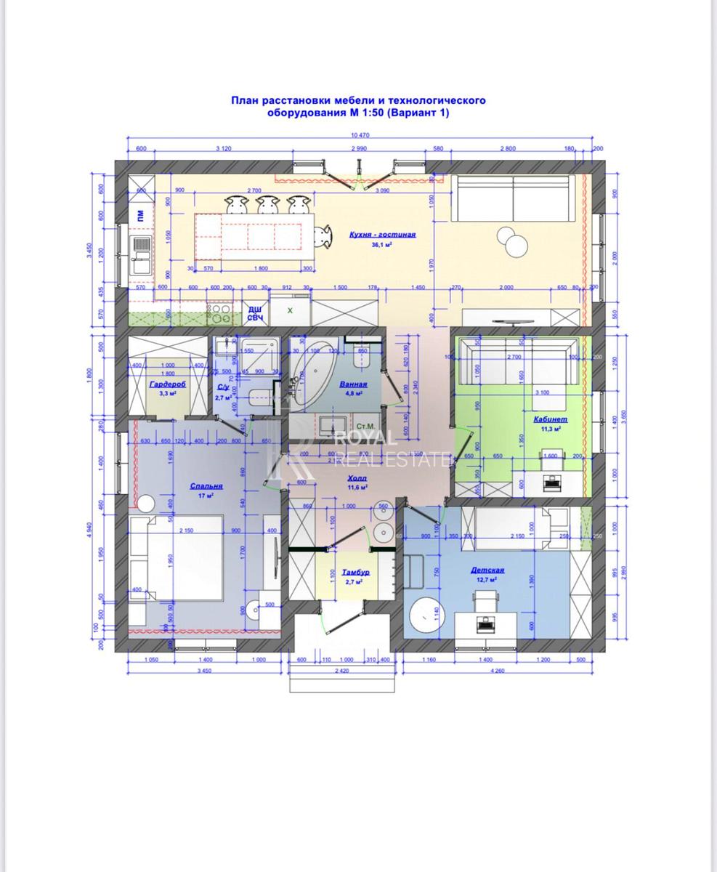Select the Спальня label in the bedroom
pos(206,485)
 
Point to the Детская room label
pos(487,570)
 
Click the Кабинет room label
pos(550,419)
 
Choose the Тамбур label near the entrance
pos(356,572)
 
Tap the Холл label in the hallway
pos(357,478)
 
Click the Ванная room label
pos(354,384)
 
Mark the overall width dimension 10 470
pos(361,135)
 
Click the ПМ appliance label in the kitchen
pos(139,214)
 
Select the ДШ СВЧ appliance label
pos(255,313)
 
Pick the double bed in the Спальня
pos(177,557)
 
